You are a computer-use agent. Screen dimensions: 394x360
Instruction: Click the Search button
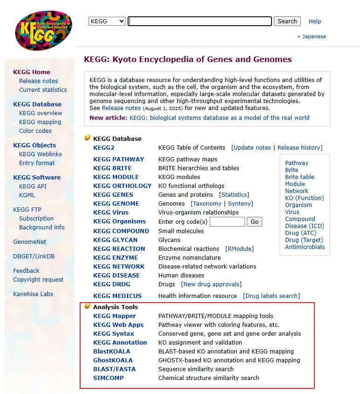(287, 21)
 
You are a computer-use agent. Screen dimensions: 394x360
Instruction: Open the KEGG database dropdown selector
(107, 21)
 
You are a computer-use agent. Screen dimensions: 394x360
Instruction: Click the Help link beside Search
(315, 21)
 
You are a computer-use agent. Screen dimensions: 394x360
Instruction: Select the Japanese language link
(313, 36)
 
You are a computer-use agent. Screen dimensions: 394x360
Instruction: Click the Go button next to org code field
(254, 222)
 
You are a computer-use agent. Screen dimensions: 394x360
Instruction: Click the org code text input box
(227, 222)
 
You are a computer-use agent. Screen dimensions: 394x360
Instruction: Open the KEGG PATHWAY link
(118, 159)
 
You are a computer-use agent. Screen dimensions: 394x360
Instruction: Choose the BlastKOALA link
(112, 352)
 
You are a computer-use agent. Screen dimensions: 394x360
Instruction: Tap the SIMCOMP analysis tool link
(109, 378)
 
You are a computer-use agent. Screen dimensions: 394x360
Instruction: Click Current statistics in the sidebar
(43, 90)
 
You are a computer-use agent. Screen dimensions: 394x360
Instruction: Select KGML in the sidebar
(27, 195)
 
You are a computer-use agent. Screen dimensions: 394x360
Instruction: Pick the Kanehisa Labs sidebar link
(33, 294)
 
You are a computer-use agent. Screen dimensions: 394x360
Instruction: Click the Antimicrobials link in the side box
(305, 247)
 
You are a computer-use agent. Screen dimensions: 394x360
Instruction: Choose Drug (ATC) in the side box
(300, 233)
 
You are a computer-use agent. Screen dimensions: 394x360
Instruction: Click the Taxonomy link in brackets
(207, 204)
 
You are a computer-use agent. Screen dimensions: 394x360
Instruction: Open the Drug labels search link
(272, 296)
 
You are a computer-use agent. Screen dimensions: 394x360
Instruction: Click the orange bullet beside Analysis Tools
(87, 307)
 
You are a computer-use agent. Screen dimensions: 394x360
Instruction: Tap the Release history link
(299, 148)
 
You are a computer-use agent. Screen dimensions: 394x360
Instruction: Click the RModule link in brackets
(239, 249)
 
